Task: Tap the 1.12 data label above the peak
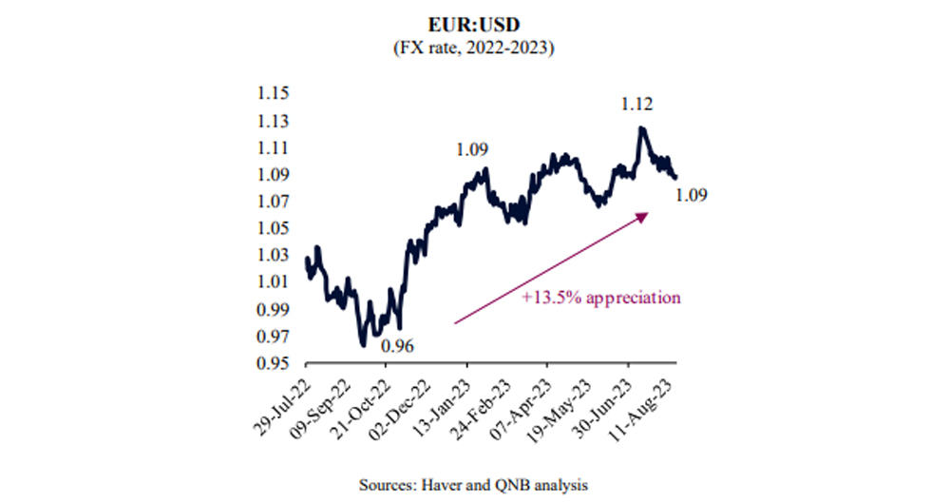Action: point(636,104)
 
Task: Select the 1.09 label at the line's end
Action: point(692,195)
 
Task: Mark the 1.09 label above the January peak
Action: point(471,149)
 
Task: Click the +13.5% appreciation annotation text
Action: point(600,298)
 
